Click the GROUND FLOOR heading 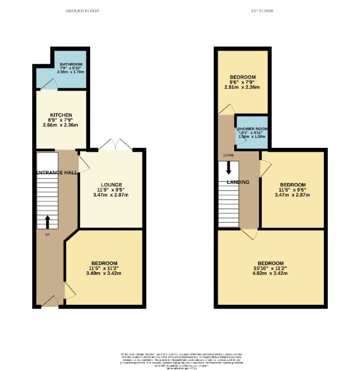tap(82, 11)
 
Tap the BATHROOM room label tap(71, 65)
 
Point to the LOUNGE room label tap(111, 185)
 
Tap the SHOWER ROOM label tap(252, 129)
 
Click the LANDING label tap(238, 182)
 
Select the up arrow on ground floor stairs tap(48, 222)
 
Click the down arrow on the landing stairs tap(228, 168)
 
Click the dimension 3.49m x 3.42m tap(103, 273)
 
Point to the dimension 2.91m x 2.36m tap(242, 87)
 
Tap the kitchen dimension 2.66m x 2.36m tap(61, 125)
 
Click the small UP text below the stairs tap(47, 235)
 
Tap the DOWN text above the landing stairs tap(228, 156)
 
